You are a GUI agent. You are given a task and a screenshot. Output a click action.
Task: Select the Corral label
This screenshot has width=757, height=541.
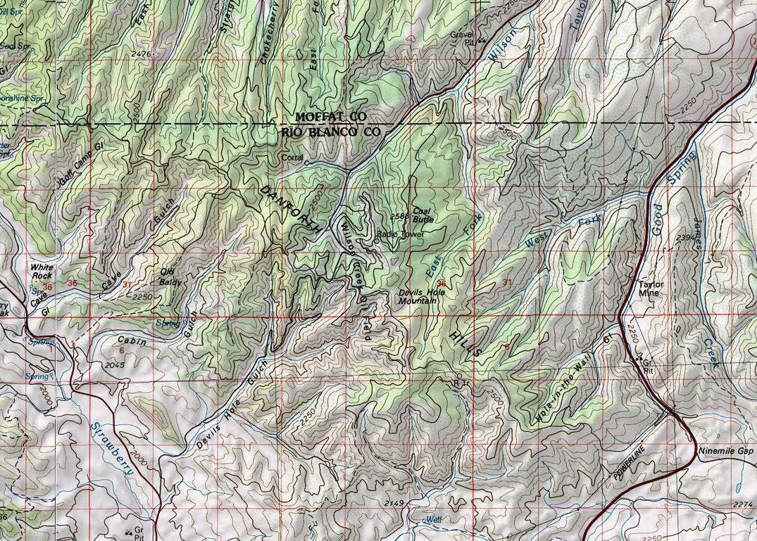tap(292, 158)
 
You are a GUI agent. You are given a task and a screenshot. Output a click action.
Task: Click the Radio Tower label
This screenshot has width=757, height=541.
tap(400, 234)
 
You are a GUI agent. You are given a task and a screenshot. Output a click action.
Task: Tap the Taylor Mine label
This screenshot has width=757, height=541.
tap(651, 290)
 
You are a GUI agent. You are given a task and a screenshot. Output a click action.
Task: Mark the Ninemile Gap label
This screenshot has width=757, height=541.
tap(725, 450)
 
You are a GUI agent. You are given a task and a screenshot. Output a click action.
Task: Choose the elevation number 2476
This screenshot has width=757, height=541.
tap(142, 53)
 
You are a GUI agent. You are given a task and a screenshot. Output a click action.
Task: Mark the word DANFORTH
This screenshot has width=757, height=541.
tap(291, 210)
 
